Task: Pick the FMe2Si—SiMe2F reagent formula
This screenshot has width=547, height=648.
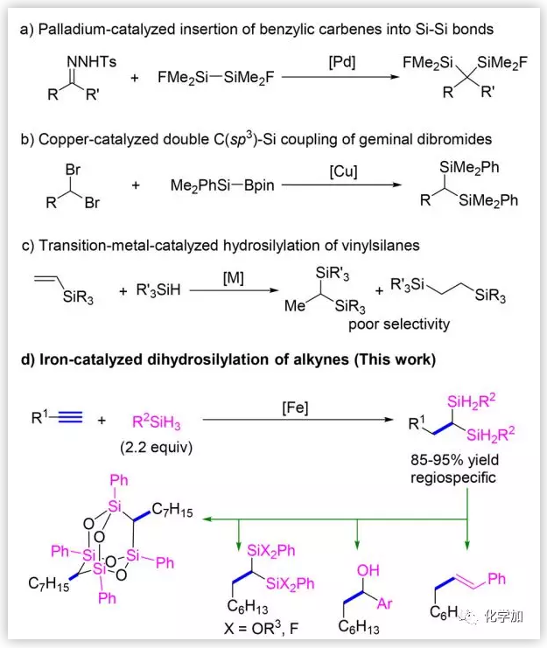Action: (x=204, y=79)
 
